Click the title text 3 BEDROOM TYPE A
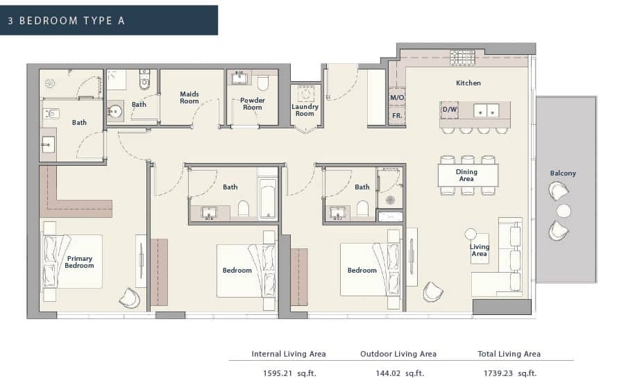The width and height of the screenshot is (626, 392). [x=67, y=20]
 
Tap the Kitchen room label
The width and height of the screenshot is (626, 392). [x=468, y=83]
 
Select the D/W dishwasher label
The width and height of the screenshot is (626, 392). [x=449, y=110]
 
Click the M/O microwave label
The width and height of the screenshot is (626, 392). [x=397, y=99]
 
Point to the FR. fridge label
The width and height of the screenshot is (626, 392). [x=397, y=116]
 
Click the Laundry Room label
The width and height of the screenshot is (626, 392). [x=305, y=110]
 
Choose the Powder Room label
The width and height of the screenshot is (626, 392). [x=253, y=104]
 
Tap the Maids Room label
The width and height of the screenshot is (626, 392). [x=189, y=97]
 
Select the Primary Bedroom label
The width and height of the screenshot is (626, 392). [x=79, y=262]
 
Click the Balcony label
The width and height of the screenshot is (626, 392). [x=563, y=173]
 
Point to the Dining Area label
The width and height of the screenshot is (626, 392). [x=466, y=176]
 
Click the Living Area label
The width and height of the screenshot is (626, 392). [x=480, y=250]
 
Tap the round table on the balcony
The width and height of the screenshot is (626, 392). [x=564, y=211]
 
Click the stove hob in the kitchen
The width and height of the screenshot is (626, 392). [x=462, y=58]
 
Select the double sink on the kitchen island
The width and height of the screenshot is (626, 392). [x=486, y=110]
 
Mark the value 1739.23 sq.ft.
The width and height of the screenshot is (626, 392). [x=509, y=373]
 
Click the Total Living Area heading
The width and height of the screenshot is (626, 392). [x=509, y=354]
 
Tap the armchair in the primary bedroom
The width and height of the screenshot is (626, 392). [x=129, y=297]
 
